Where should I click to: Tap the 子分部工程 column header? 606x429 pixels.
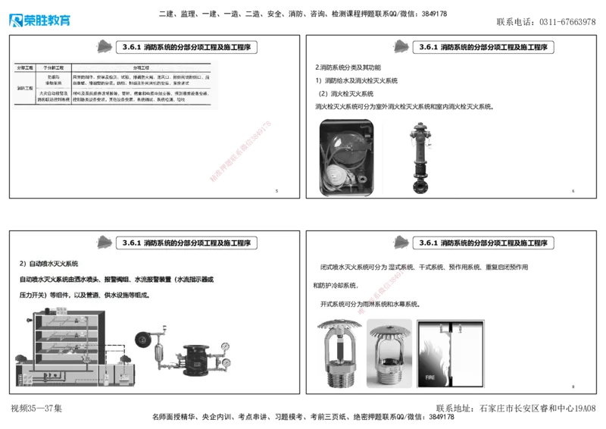[56, 67]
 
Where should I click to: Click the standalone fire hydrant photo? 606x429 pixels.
[420, 156]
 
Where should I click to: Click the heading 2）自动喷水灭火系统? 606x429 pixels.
[49, 264]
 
